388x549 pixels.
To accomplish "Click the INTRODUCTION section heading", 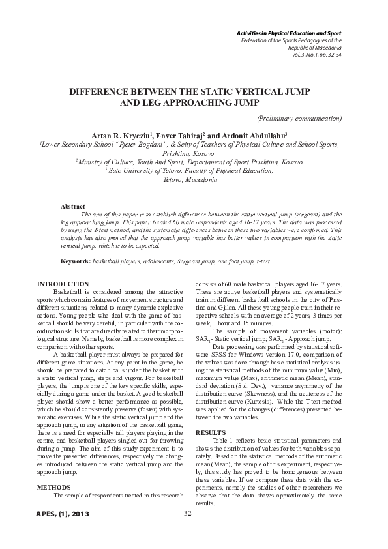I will [x=63, y=284].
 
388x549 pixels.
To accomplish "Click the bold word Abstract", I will [x=72, y=206].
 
